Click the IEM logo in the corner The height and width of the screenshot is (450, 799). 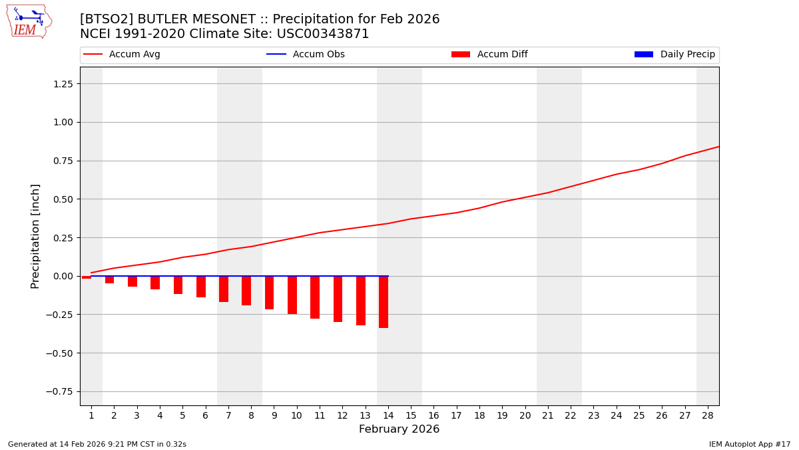(x=29, y=21)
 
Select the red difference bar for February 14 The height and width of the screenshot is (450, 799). (x=384, y=302)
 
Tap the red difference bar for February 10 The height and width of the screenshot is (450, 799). (x=292, y=295)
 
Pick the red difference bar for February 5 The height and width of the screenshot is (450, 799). (x=178, y=285)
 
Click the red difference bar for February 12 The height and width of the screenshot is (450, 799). (x=338, y=299)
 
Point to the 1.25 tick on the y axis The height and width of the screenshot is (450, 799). (x=62, y=84)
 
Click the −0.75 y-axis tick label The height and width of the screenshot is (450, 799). (x=59, y=391)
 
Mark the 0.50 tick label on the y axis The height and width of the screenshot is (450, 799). (x=62, y=199)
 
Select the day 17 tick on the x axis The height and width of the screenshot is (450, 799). (x=456, y=415)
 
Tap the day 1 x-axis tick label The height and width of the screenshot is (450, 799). (x=91, y=415)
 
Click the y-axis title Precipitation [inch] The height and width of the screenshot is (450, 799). (x=36, y=236)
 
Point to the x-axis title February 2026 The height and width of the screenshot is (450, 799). (x=399, y=429)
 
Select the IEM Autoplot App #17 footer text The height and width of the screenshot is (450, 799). (x=749, y=444)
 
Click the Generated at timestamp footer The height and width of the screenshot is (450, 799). (x=97, y=444)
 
